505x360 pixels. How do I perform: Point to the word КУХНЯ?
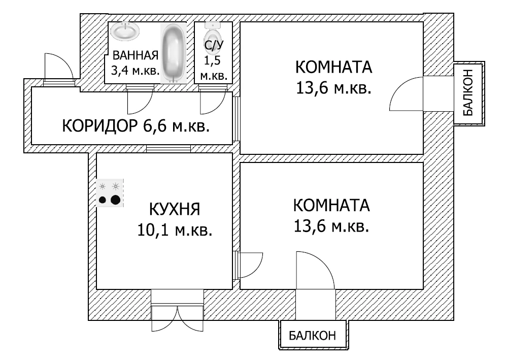(x=174, y=209)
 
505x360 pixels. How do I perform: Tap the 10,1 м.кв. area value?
(x=174, y=230)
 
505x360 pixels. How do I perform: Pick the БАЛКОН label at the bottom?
(x=313, y=336)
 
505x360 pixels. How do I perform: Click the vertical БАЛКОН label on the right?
(x=468, y=93)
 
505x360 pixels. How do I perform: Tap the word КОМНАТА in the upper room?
(x=333, y=68)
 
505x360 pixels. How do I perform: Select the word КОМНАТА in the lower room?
(x=331, y=206)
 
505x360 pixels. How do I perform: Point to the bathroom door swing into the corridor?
(x=139, y=100)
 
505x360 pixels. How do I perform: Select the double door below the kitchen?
(x=177, y=313)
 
